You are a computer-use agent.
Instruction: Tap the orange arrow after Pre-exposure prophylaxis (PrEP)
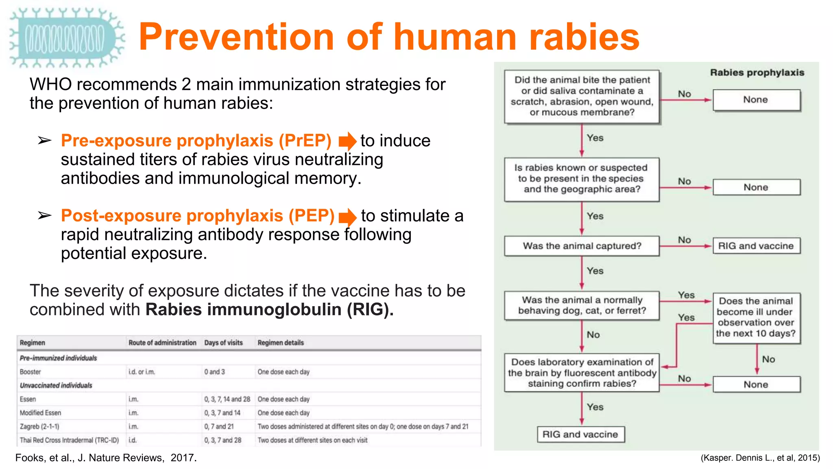point(347,141)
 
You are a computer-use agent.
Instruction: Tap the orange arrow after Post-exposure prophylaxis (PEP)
point(347,217)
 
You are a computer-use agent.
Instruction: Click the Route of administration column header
point(162,343)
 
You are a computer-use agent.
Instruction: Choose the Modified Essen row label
point(40,413)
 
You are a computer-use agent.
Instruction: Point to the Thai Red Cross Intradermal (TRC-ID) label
point(69,440)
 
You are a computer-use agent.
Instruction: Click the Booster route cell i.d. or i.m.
point(142,372)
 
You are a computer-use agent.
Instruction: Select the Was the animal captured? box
point(582,246)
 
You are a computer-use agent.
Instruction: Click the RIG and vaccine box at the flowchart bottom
point(580,434)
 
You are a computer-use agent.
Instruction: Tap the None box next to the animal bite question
point(756,100)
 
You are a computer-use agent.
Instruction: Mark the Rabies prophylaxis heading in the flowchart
point(757,72)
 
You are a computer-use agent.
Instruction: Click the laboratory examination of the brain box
point(582,373)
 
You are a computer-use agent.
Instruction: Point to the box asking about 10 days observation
point(756,318)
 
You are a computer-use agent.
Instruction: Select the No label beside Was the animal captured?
point(685,240)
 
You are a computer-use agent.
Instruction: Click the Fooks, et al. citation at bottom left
point(106,458)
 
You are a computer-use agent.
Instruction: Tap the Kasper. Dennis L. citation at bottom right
point(760,458)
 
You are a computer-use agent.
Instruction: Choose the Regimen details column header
point(281,343)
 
